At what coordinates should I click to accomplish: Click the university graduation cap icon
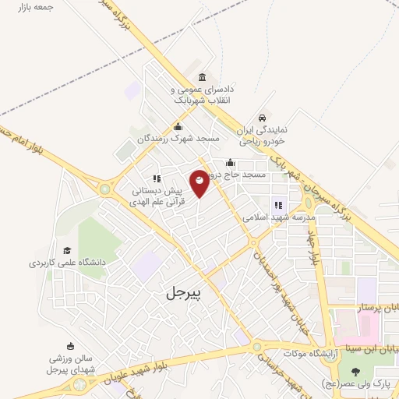click(x=67, y=251)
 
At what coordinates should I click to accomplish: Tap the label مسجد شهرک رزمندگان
click(x=177, y=138)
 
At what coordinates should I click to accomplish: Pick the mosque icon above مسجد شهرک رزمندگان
click(x=178, y=126)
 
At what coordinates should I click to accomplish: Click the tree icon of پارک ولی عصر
click(x=355, y=372)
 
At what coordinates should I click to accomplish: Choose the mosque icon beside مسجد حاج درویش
click(x=230, y=164)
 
